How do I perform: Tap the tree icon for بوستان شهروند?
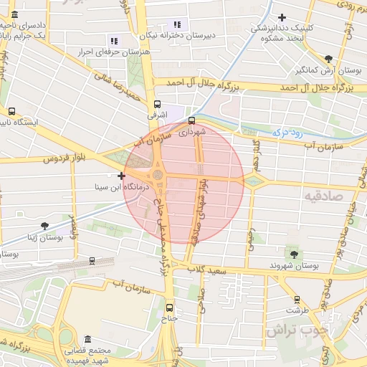click(x=293, y=253)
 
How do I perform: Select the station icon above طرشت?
click(x=297, y=300)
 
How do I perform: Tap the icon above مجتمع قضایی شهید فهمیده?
click(x=87, y=339)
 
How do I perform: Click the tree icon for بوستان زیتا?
click(x=45, y=227)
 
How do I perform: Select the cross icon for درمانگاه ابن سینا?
click(x=121, y=176)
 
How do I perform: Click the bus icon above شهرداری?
click(x=191, y=120)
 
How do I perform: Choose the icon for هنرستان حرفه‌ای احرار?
click(x=113, y=40)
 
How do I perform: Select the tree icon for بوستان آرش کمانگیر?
click(x=328, y=59)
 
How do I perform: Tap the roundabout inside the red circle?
click(x=157, y=174)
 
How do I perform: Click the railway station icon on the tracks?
click(x=92, y=261)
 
